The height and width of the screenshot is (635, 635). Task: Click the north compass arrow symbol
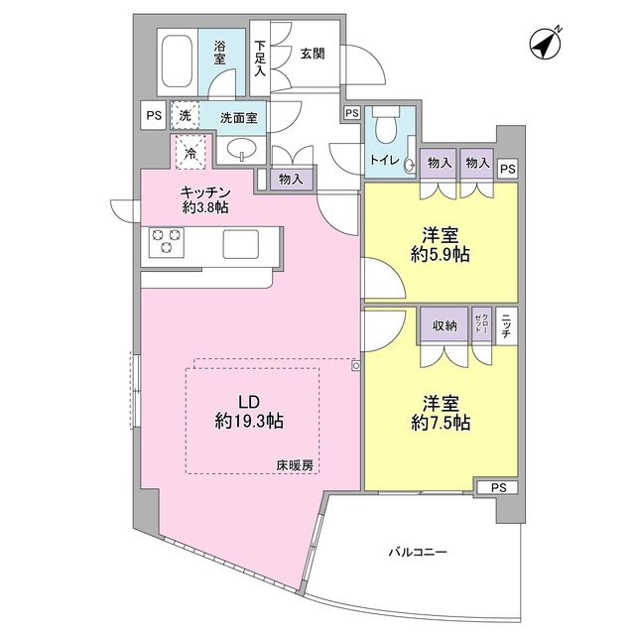(x=544, y=44)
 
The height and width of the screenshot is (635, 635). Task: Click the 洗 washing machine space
(x=185, y=116)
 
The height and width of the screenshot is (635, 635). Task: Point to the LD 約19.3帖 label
(x=248, y=412)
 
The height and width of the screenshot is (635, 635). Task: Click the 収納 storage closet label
(x=444, y=325)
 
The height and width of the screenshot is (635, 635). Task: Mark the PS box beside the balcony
(x=497, y=487)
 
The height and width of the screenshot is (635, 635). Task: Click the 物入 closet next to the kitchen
(x=291, y=179)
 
